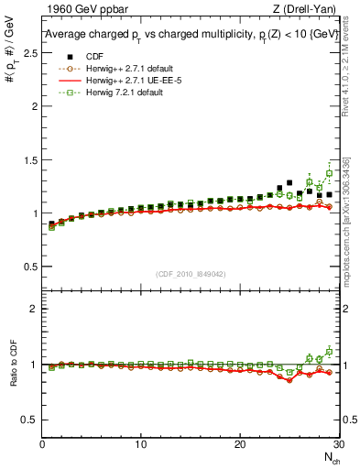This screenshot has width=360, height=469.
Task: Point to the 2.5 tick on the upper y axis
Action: (x=30, y=52)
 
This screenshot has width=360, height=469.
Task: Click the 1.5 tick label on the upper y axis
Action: (x=30, y=159)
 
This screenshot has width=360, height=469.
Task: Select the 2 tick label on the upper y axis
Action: (x=35, y=106)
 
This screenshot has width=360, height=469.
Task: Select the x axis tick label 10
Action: (x=140, y=445)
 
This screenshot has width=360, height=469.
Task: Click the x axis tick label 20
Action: (x=239, y=445)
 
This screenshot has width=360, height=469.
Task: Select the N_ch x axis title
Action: (x=331, y=458)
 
